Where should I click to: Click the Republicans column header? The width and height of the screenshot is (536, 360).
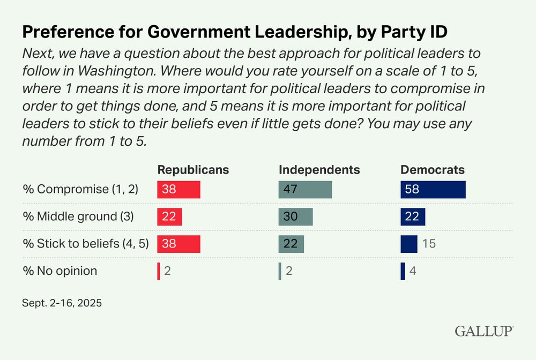[x=193, y=170]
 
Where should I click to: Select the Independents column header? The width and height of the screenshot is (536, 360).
[x=319, y=170]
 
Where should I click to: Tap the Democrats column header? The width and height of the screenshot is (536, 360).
[x=433, y=170]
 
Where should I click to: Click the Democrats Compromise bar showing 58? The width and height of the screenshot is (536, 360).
[x=433, y=190]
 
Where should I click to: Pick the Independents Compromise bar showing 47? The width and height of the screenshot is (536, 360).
[x=305, y=190]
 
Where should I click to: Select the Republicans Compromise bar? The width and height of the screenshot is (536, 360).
[x=178, y=190]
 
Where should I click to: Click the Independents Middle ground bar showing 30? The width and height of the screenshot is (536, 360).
[x=295, y=216]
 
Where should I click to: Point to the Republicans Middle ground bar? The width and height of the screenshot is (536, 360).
[x=169, y=216]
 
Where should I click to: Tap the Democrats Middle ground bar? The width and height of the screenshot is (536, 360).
[x=413, y=216]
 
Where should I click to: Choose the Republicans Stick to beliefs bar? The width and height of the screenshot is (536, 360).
[x=178, y=244]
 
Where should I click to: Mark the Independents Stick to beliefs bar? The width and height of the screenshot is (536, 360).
[x=291, y=244]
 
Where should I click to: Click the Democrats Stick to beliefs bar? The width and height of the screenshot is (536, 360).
[x=409, y=244]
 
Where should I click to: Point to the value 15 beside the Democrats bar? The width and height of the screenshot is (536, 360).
[x=429, y=244]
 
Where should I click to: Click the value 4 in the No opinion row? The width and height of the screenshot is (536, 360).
[x=413, y=271]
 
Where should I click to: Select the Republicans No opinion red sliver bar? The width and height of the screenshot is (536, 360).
[x=159, y=271]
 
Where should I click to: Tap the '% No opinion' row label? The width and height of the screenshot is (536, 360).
[x=59, y=271]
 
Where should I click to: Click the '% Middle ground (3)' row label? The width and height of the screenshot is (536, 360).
[x=77, y=216]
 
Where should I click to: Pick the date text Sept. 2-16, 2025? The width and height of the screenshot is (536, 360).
[x=62, y=303]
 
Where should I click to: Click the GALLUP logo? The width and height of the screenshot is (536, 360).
[x=484, y=331]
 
